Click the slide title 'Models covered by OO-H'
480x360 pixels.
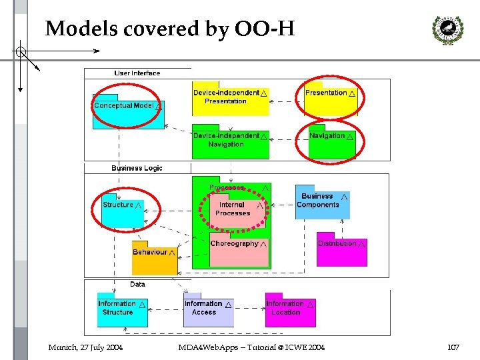pos(169,29)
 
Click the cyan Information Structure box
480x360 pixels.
pos(122,309)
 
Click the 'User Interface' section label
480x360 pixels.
pos(137,73)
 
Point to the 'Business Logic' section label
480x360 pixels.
pos(137,168)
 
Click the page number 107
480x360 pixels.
pos(454,347)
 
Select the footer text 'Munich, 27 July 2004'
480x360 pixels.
pos(85,347)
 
